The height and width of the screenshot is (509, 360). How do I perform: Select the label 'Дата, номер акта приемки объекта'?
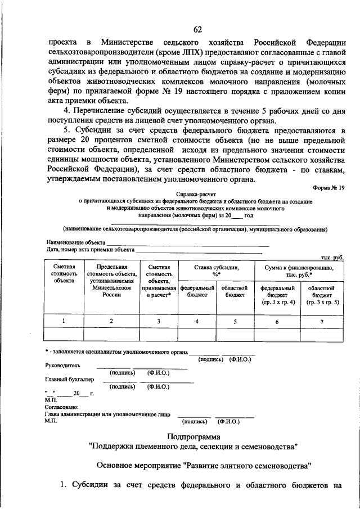[x=91, y=249]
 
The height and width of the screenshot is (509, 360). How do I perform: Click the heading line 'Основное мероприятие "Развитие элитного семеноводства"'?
[x=203, y=466]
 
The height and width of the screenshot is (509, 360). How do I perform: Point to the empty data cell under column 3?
[x=159, y=334]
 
